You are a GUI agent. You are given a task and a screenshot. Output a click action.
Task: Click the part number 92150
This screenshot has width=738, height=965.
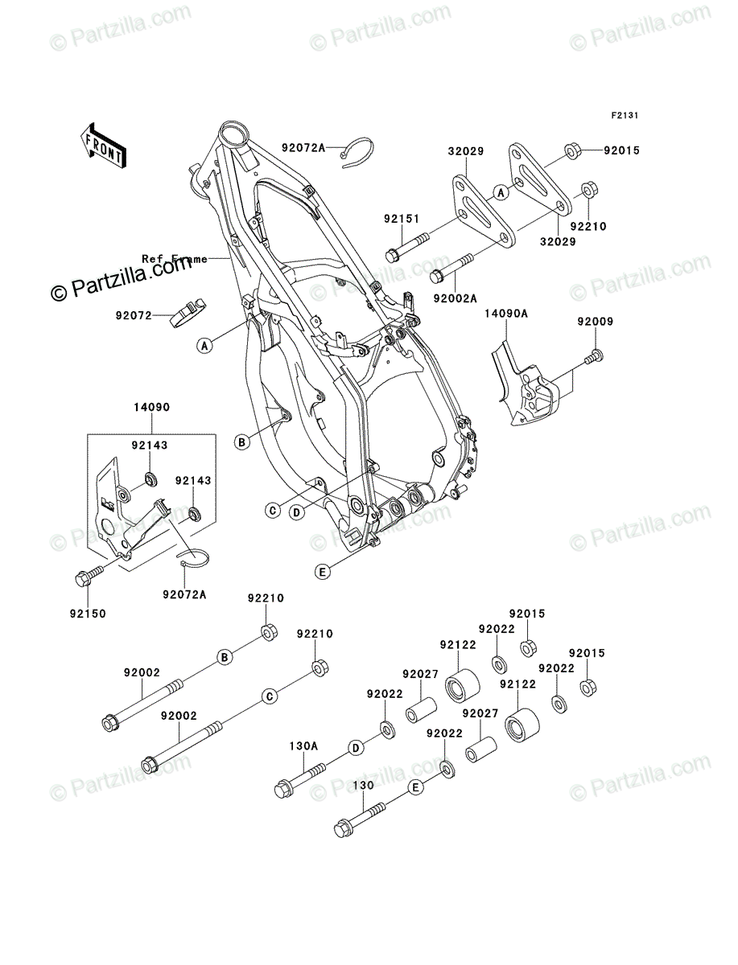point(86,613)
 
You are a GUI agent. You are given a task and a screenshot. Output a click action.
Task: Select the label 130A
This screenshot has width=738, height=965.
point(304,745)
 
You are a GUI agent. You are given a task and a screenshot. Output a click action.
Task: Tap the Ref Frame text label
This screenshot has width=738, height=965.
point(174,259)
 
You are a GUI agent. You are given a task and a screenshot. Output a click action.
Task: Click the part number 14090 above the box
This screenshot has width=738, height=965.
point(152,408)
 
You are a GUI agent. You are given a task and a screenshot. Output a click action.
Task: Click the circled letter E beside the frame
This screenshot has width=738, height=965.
point(321,572)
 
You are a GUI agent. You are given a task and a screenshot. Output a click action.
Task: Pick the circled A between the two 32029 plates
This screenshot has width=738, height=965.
point(501,191)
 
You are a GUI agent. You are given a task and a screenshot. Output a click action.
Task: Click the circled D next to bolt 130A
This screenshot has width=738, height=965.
point(354,749)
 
